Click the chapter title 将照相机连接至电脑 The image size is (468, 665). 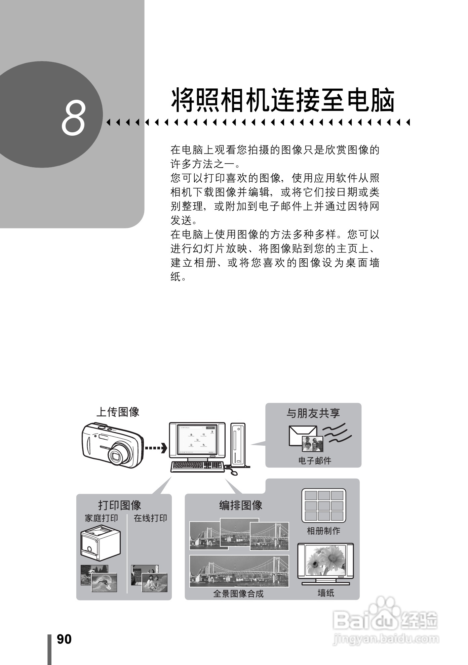click(283, 100)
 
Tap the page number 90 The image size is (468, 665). click(64, 639)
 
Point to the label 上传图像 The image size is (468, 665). click(118, 412)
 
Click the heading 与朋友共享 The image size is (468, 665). click(313, 413)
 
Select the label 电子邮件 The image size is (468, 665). click(315, 460)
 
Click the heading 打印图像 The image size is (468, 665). click(120, 505)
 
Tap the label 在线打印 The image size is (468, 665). click(150, 518)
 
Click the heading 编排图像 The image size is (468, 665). click(241, 505)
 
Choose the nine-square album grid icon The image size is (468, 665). click(324, 505)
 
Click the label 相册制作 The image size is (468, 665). click(323, 531)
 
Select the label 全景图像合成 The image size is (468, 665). click(238, 594)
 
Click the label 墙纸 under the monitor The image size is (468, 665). click(326, 593)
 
